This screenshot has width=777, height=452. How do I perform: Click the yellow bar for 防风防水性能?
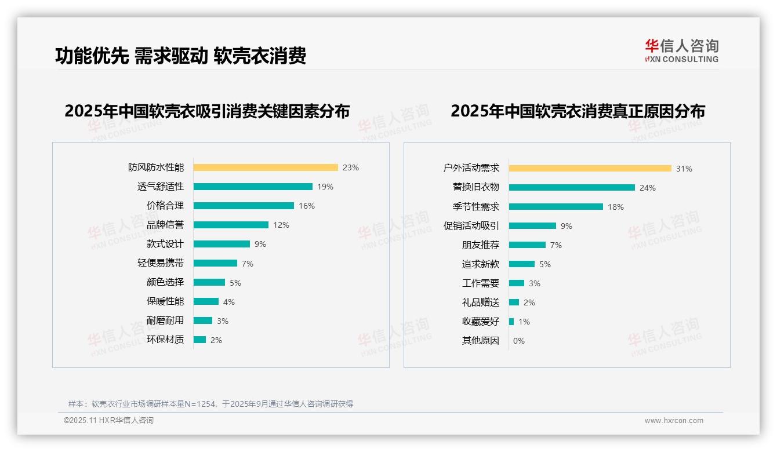[265, 167]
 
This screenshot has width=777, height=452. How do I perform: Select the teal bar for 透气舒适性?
[253, 187]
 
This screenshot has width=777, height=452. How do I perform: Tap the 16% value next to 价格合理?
[307, 206]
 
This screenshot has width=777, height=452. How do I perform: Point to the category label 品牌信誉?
[165, 225]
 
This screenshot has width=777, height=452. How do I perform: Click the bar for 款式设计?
[222, 244]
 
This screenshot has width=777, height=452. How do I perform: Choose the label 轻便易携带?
[161, 263]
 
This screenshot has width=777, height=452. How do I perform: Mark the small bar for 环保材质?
[199, 340]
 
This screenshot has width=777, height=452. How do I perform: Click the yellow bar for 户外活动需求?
[590, 169]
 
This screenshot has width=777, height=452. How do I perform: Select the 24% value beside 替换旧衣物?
[648, 188]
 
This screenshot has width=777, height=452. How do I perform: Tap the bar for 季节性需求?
[556, 206]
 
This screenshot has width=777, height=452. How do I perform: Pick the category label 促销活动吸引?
[471, 225]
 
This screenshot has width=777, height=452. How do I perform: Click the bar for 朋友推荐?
[527, 245]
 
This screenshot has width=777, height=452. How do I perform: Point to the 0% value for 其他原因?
[519, 341]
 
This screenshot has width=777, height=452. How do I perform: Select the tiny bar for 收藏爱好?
[511, 322]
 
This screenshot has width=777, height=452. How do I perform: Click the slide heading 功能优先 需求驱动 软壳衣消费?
[180, 56]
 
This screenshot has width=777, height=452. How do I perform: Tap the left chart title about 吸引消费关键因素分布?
[207, 111]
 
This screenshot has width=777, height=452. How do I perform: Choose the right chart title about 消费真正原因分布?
[578, 111]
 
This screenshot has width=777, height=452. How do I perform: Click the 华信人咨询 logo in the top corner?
[681, 50]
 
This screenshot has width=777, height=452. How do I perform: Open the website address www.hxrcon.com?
[674, 421]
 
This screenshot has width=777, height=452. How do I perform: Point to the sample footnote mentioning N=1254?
[210, 404]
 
